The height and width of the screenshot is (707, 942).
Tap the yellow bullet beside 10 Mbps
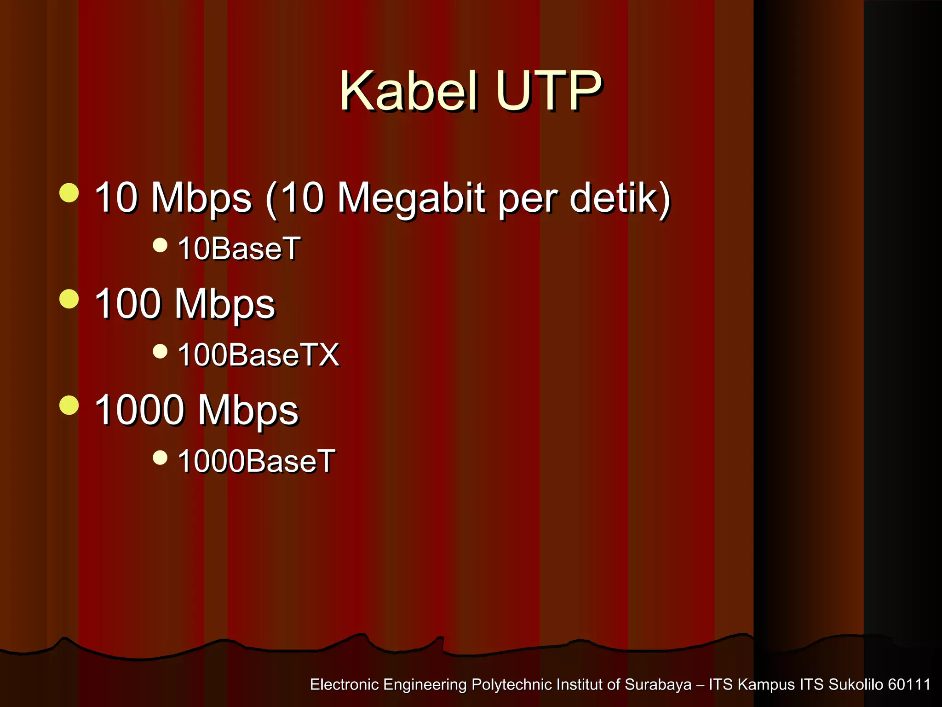click(69, 193)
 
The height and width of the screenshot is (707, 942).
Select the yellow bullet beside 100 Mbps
click(69, 299)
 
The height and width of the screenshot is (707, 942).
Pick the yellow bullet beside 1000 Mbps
click(69, 405)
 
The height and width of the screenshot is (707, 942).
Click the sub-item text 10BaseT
click(239, 249)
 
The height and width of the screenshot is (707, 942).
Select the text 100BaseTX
click(258, 355)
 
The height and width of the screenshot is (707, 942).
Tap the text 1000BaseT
click(256, 461)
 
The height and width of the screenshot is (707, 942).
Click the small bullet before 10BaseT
click(160, 245)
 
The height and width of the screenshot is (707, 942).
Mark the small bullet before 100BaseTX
click(160, 352)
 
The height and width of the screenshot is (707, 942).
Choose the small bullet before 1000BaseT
click(160, 458)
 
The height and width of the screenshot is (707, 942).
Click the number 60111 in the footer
click(909, 684)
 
